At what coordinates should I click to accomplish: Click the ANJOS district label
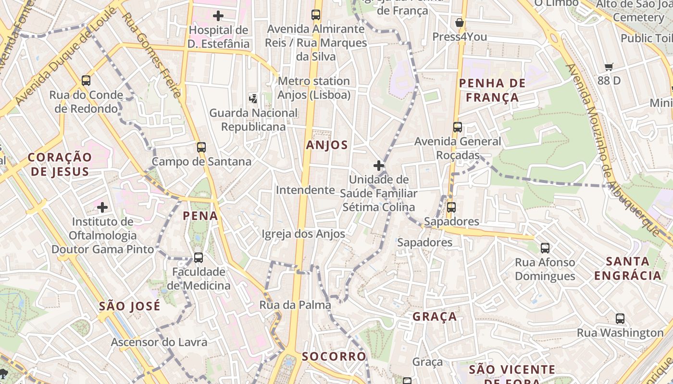point(327,145)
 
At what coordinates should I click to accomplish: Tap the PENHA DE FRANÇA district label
point(492,90)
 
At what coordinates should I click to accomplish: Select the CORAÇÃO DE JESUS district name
point(59,164)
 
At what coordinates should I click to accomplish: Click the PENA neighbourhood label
point(200,216)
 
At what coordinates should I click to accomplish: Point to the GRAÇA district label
point(435,317)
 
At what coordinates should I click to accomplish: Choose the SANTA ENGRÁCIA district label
point(628,268)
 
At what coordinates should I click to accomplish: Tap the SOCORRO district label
point(334,356)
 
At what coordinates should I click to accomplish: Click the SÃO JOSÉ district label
point(130,306)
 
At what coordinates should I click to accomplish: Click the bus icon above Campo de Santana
point(201,147)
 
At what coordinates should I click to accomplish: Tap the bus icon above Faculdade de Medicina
point(198,258)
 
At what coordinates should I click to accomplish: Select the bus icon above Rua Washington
point(620,318)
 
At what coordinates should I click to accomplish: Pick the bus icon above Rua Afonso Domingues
point(545,248)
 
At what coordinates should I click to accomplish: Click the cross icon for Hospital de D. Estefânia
point(218,16)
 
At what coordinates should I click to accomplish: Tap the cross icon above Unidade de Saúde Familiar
point(379,166)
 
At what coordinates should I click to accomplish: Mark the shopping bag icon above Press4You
point(460,23)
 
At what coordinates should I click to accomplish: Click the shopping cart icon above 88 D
point(609,67)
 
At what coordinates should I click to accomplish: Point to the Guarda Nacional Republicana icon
point(253,99)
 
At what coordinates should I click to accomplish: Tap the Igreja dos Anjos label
point(303,234)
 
